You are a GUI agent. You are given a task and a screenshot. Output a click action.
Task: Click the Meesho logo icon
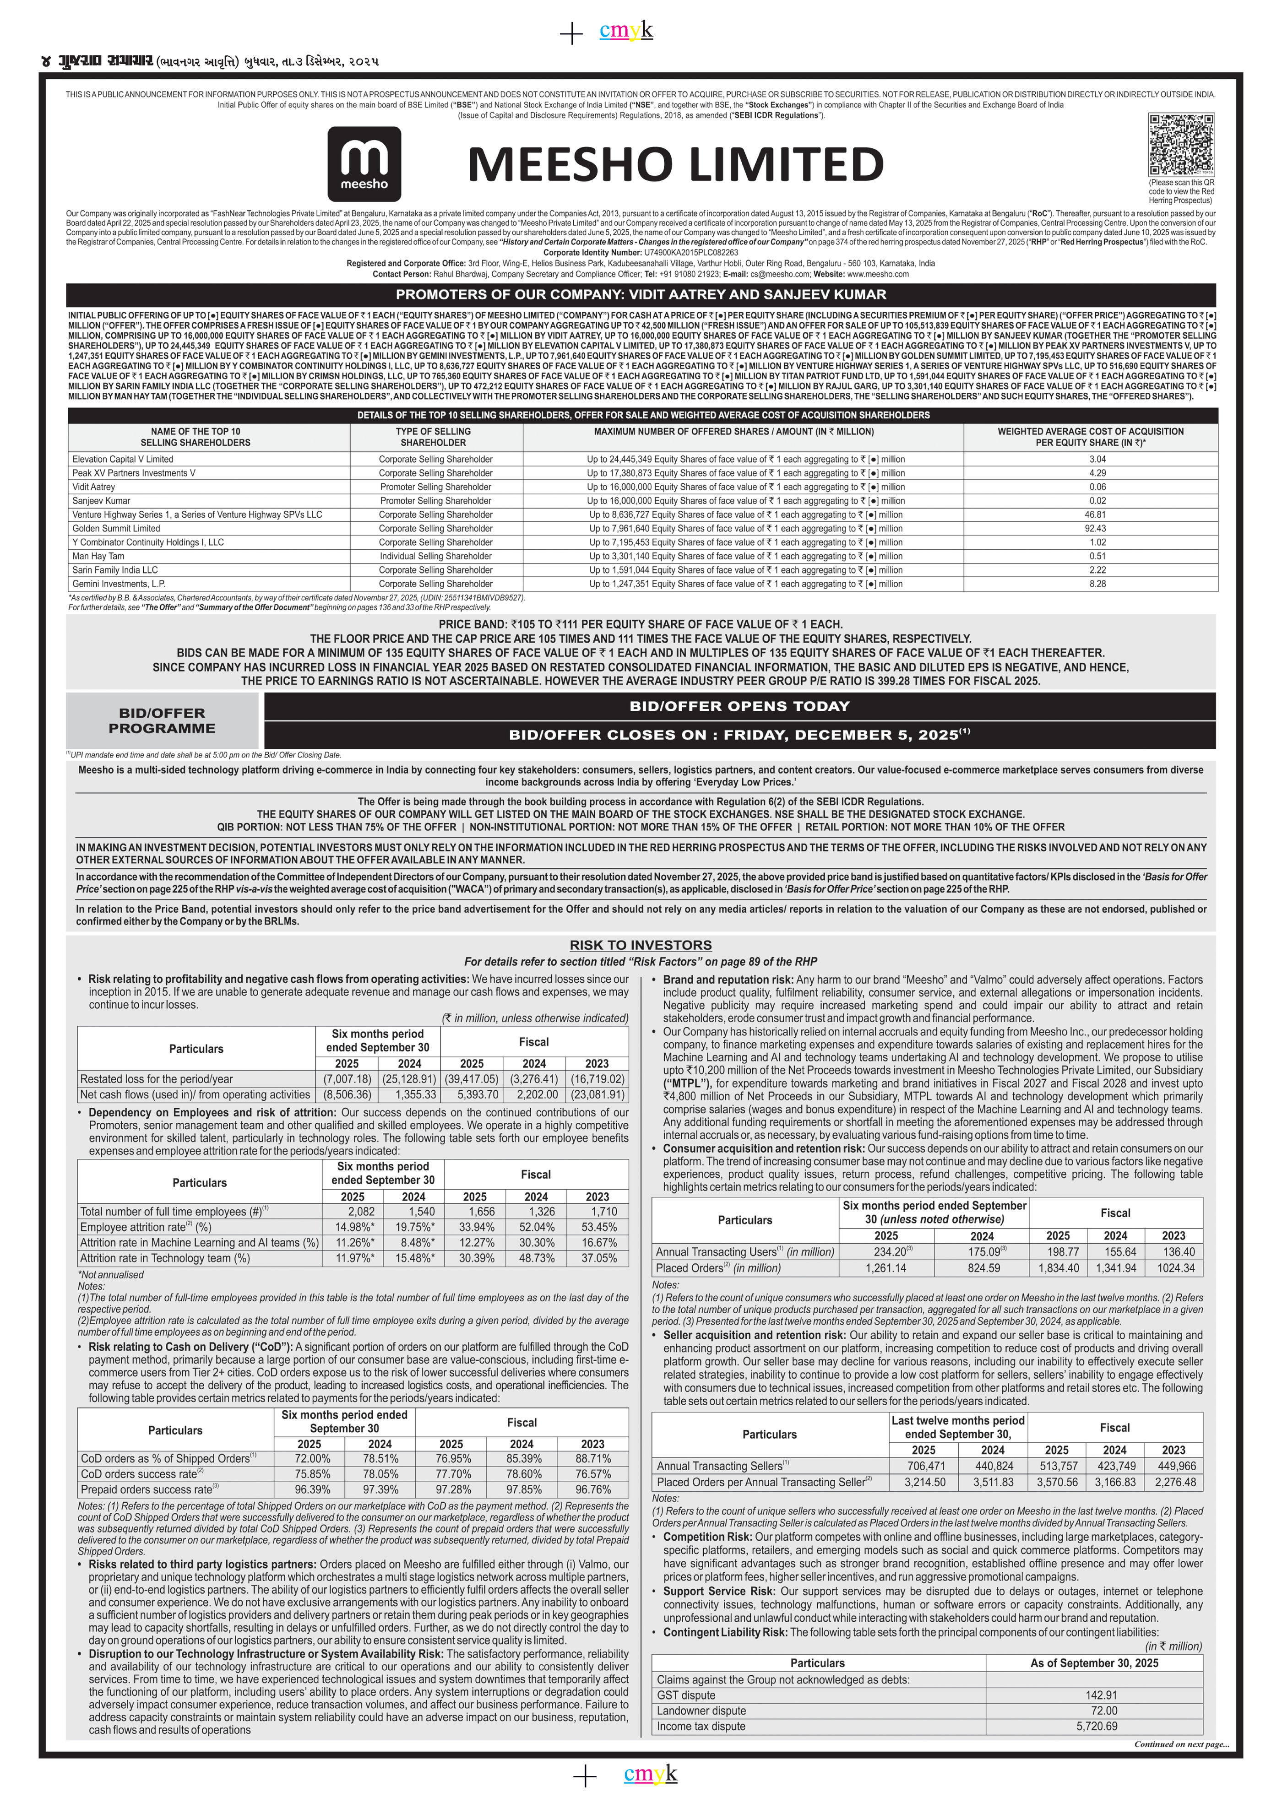[364, 164]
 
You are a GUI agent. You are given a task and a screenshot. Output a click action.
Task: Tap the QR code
[1180, 145]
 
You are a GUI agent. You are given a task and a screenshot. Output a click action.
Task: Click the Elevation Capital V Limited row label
[123, 460]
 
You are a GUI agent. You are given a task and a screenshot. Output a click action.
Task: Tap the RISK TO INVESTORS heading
[640, 945]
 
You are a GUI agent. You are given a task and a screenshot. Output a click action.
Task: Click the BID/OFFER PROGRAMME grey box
[162, 721]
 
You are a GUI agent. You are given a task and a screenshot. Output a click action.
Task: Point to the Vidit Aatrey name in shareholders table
[93, 487]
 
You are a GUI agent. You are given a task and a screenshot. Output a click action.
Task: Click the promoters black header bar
[640, 295]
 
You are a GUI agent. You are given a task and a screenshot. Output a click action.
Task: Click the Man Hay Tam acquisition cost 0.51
[1097, 556]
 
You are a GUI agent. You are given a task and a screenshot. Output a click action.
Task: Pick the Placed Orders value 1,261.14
[886, 1268]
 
